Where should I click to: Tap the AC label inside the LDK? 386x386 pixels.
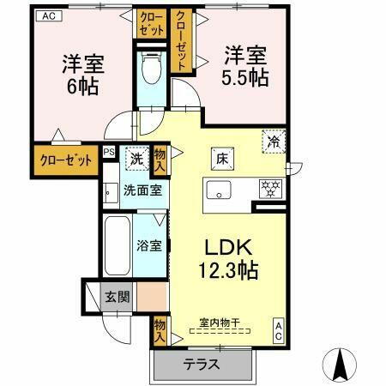pos(280,332)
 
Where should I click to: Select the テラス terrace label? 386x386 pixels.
pos(201,364)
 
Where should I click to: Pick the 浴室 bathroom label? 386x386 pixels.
pos(149,245)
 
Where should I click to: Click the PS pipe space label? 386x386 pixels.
pos(108,153)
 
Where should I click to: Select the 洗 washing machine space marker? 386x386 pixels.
pos(136,159)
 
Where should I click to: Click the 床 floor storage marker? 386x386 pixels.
pos(220,158)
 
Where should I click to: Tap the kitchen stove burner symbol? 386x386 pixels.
pos(271,188)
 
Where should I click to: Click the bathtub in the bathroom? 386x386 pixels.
pos(117,245)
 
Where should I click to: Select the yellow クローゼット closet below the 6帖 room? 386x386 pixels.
pos(65,160)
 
